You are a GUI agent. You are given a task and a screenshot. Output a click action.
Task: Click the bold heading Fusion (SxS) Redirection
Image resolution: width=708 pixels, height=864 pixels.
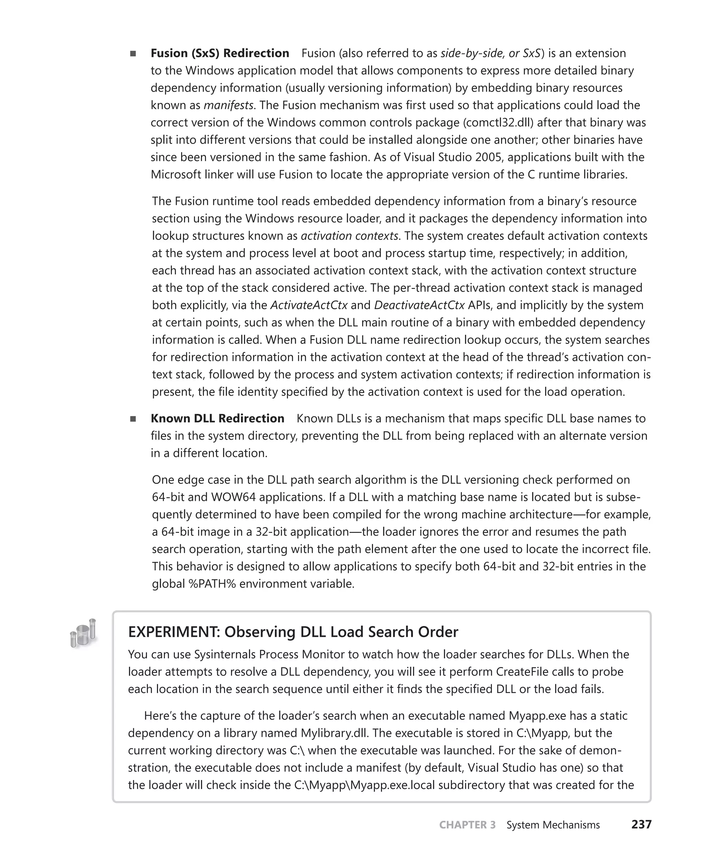(x=220, y=54)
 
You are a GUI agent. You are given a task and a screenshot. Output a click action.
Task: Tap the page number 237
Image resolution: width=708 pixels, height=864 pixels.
(x=641, y=825)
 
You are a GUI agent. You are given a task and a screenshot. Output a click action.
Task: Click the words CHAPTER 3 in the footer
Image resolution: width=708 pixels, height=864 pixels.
(x=467, y=825)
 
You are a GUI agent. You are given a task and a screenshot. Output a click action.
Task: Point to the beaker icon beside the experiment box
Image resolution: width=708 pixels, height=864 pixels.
(x=83, y=633)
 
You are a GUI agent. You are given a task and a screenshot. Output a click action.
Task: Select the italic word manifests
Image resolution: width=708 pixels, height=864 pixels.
(x=229, y=105)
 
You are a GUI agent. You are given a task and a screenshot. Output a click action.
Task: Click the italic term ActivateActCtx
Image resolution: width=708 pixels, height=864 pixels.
(x=309, y=305)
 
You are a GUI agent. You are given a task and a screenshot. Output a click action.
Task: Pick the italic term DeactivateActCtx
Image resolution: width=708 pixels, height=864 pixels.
(x=419, y=305)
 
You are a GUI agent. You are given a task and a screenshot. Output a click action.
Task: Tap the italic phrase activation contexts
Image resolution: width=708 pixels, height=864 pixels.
(x=349, y=236)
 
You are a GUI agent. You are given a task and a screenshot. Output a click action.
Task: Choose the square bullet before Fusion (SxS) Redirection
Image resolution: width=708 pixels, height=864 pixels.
(x=133, y=54)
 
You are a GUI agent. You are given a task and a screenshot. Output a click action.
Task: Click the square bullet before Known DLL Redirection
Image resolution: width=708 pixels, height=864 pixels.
(x=133, y=419)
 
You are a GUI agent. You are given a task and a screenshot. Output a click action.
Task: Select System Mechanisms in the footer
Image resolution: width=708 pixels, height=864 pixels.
(x=553, y=825)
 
